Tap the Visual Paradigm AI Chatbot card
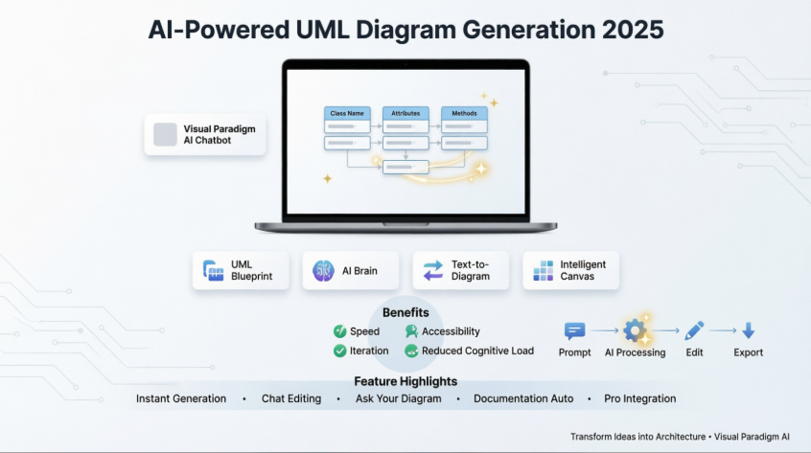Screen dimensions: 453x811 [205, 135]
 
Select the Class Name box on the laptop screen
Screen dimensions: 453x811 [346, 113]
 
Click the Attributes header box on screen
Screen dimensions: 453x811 [405, 113]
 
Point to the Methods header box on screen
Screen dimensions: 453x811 [464, 113]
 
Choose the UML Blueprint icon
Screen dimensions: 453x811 [213, 271]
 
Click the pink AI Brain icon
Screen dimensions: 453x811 [323, 271]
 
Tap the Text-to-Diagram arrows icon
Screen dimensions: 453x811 [433, 271]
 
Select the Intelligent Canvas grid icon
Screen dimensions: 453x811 [544, 271]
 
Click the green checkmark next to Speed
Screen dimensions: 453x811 [339, 331]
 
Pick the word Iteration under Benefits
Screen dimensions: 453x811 [369, 351]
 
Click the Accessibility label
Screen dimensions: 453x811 [451, 331]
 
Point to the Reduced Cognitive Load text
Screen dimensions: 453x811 [477, 351]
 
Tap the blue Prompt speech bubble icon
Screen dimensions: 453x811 [575, 331]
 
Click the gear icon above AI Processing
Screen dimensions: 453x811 [634, 331]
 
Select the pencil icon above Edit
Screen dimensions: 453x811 [695, 331]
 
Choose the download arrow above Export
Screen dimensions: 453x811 [749, 331]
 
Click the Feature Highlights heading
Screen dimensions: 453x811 [405, 381]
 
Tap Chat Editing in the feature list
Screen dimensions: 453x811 [291, 398]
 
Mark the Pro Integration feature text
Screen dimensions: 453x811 [639, 398]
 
